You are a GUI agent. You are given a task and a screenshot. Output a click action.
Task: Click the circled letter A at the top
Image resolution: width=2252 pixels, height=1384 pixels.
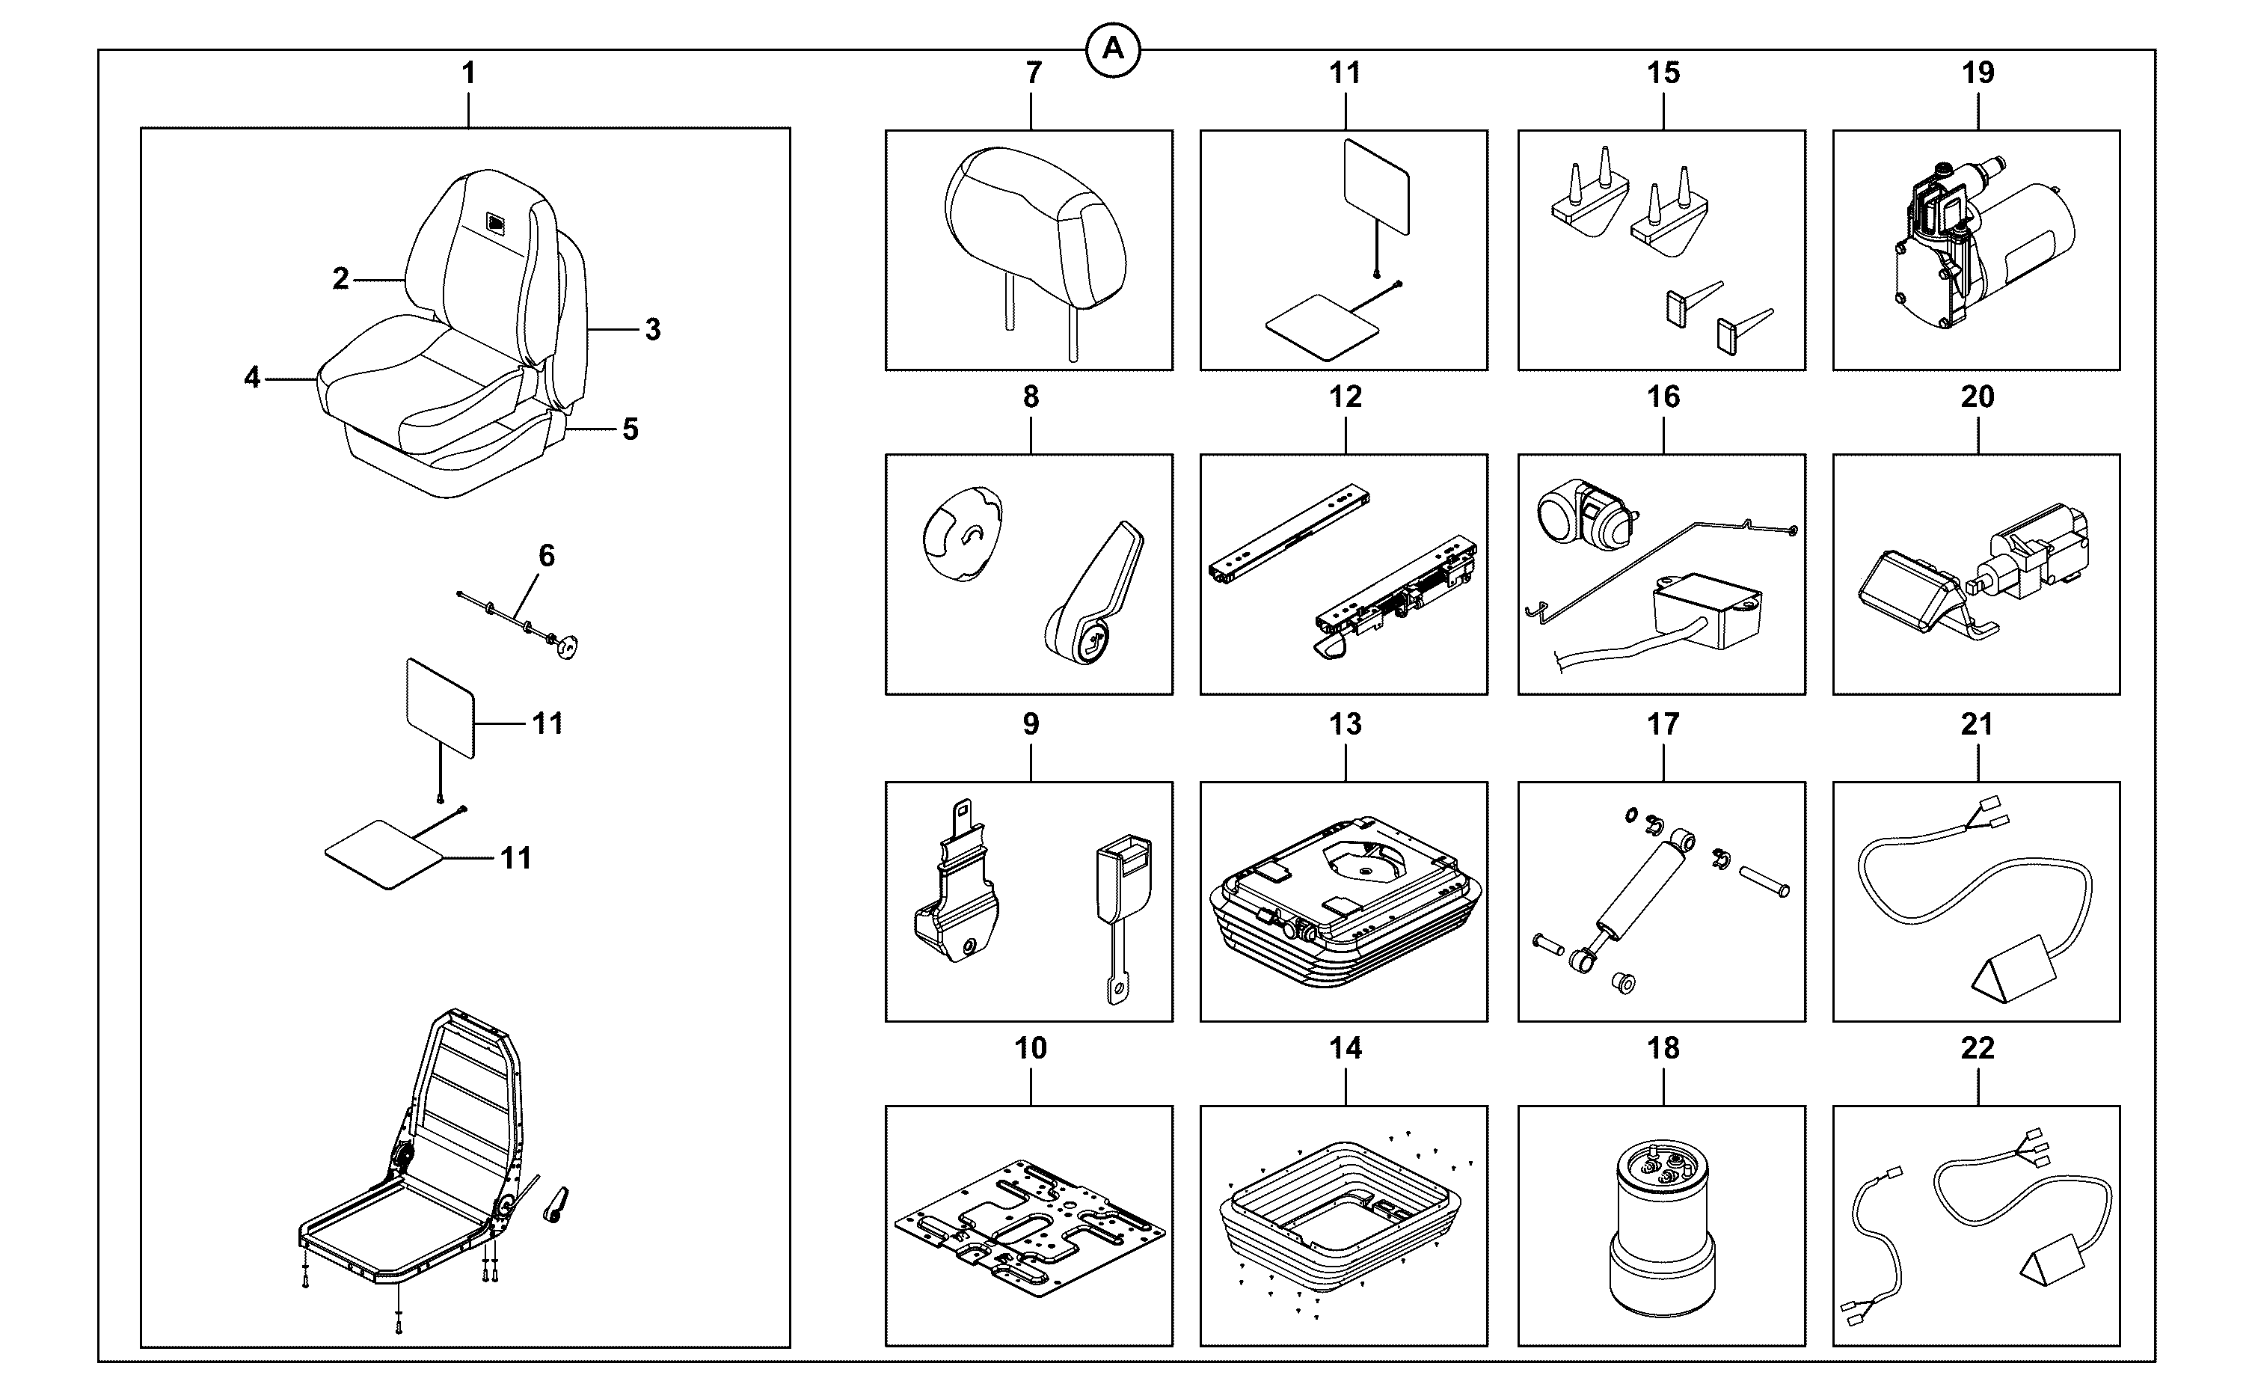tap(1113, 49)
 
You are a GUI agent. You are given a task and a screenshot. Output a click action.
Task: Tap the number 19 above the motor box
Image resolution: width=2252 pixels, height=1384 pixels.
tap(1978, 73)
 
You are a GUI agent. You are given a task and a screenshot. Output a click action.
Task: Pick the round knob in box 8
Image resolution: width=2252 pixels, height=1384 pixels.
tap(962, 536)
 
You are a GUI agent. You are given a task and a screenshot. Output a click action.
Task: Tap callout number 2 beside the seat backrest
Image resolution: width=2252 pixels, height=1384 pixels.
tap(340, 278)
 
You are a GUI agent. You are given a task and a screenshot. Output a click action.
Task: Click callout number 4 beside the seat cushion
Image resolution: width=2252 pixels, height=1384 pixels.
tap(251, 377)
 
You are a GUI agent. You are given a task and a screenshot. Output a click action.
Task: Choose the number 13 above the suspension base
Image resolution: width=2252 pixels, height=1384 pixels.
tap(1346, 724)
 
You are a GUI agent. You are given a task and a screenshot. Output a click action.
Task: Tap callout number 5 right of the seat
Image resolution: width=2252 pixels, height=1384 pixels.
tap(631, 429)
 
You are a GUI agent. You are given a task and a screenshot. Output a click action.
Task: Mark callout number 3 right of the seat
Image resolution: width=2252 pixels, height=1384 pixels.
tap(652, 329)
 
